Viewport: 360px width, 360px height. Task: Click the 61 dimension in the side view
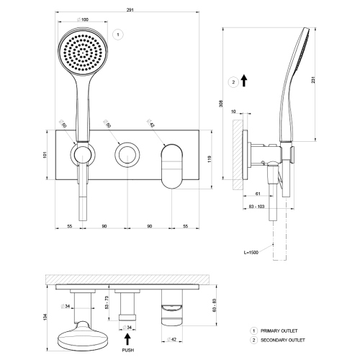click(256, 194)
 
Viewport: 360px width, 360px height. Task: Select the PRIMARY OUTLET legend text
click(282, 329)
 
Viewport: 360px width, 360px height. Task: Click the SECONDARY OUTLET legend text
click(287, 339)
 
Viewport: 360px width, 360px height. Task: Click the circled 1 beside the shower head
click(117, 34)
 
